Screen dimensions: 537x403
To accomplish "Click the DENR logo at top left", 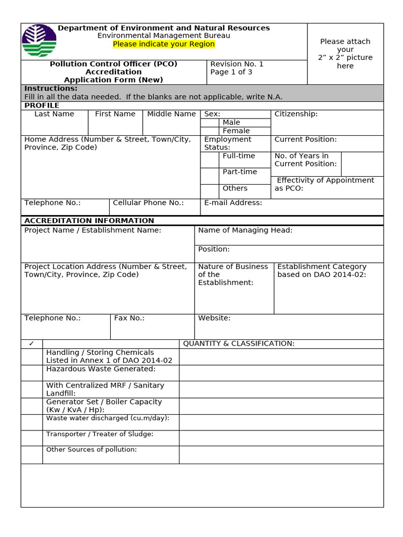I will point(39,41).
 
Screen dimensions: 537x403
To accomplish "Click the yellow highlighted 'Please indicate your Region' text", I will point(164,44).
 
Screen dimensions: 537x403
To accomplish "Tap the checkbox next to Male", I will point(209,122).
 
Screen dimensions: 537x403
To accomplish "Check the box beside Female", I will point(209,131).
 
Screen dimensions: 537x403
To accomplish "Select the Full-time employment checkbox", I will point(209,159).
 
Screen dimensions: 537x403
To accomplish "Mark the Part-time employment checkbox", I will point(209,176).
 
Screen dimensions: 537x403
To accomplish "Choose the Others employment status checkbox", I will point(209,191).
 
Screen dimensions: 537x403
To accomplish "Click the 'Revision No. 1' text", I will point(237,64).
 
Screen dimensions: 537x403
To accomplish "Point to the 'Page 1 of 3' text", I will point(231,72).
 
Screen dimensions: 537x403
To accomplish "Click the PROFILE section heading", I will point(42,105).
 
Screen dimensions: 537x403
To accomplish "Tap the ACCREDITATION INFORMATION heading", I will point(89,221).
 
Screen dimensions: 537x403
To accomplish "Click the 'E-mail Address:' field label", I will point(233,203).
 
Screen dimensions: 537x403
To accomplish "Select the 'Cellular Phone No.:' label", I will point(149,203).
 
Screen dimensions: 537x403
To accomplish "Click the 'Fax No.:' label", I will point(129,318).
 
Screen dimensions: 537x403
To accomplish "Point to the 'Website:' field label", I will point(214,318).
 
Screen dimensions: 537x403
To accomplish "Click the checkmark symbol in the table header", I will point(31,343).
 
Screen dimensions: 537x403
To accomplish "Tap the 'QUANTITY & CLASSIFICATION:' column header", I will point(238,343).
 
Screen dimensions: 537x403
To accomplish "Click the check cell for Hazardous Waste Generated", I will point(31,373).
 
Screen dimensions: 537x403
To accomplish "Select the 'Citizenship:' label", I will point(296,114).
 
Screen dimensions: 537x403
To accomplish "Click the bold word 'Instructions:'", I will point(50,89).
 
